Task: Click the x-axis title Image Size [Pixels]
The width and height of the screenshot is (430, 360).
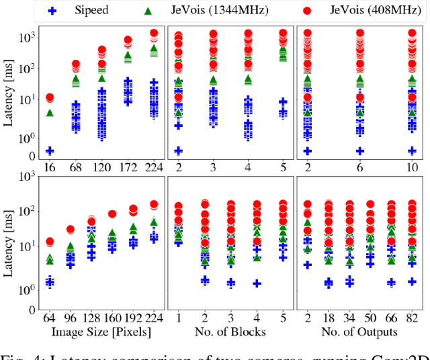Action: tap(100, 331)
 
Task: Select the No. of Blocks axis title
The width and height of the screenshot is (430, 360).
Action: tap(230, 331)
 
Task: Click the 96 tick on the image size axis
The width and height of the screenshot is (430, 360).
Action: tap(70, 318)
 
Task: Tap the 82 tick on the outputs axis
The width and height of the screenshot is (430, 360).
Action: tap(412, 318)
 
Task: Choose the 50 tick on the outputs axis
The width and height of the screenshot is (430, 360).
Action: tap(370, 318)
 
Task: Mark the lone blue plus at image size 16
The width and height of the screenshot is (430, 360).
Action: tap(49, 150)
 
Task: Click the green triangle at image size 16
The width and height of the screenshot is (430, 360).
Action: tap(49, 112)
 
